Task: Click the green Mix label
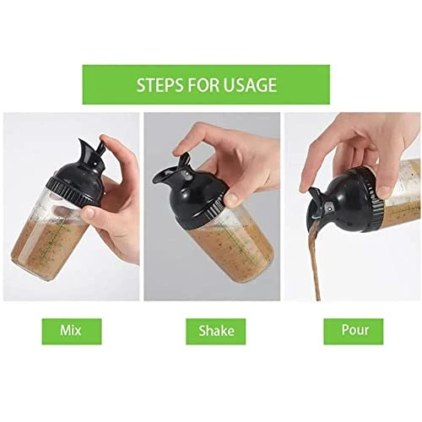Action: pos(72,332)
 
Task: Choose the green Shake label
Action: pos(216,332)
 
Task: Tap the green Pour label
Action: pos(354,332)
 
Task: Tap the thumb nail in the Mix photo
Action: pos(89,213)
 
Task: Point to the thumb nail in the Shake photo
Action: pos(232,199)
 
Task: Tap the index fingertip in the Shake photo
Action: pos(178,152)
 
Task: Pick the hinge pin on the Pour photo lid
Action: pos(328,208)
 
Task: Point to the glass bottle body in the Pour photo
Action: pos(403,194)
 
